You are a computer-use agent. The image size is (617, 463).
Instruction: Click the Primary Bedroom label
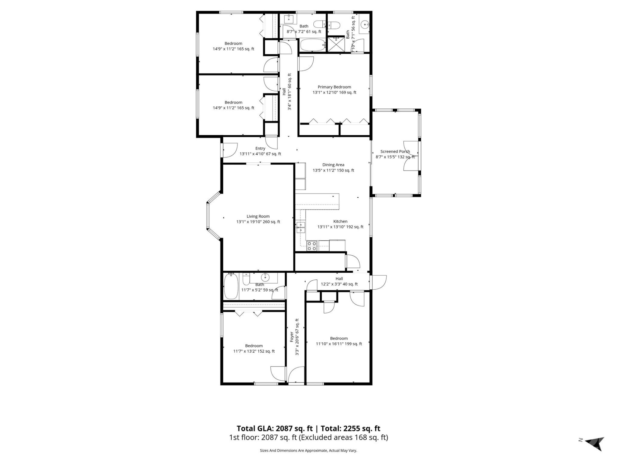pyautogui.click(x=334, y=87)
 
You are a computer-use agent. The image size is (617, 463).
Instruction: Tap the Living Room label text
pyautogui.click(x=258, y=216)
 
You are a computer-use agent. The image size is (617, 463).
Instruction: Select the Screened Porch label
pyautogui.click(x=395, y=151)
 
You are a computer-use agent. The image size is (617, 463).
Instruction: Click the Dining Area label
pyautogui.click(x=333, y=165)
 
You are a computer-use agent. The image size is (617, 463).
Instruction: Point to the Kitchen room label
pyautogui.click(x=340, y=221)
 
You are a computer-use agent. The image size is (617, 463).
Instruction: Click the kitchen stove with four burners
pyautogui.click(x=312, y=246)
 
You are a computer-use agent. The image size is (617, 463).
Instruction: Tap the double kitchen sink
pyautogui.click(x=301, y=227)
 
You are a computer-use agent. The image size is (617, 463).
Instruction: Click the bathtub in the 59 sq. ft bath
pyautogui.click(x=231, y=286)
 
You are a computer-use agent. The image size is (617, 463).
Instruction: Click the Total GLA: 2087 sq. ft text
pyautogui.click(x=274, y=429)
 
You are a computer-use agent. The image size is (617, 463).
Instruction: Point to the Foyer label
pyautogui.click(x=292, y=337)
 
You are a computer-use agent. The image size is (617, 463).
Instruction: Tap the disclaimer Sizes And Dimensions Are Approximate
pyautogui.click(x=308, y=451)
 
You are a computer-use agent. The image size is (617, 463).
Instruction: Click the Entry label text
pyautogui.click(x=260, y=149)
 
